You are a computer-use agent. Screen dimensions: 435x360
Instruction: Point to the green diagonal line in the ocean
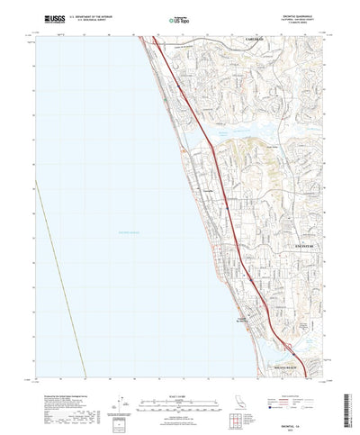click(x=67, y=270)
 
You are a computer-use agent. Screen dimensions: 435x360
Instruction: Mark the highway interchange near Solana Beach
click(x=288, y=341)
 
